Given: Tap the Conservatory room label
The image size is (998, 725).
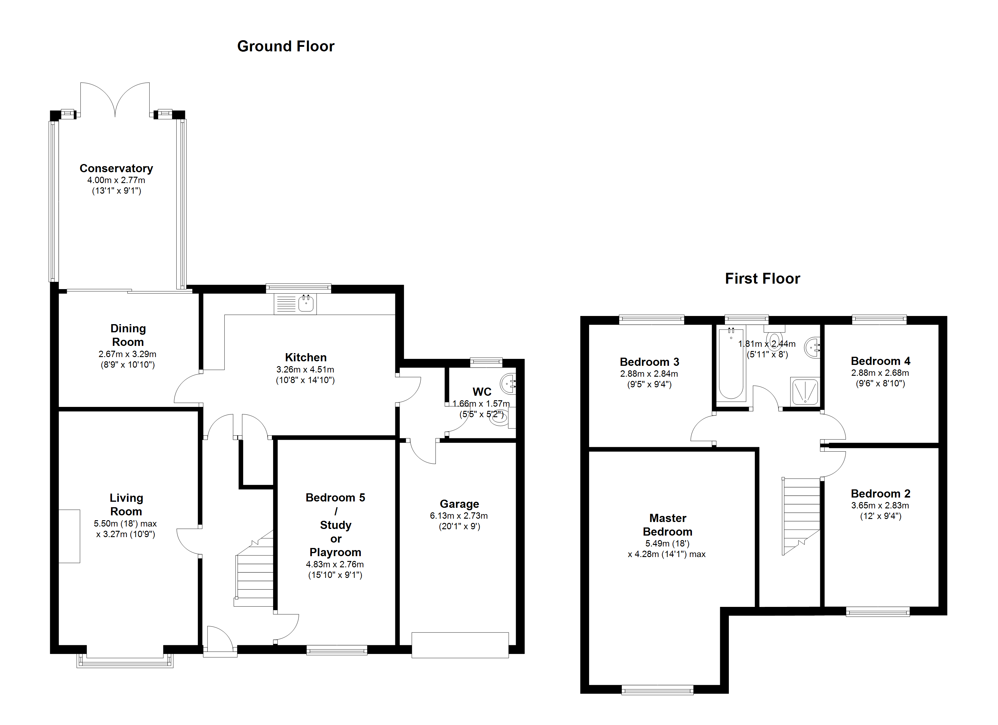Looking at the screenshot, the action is [116, 168].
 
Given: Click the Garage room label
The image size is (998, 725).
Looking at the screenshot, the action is [459, 504].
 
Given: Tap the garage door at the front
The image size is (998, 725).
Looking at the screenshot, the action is [460, 645].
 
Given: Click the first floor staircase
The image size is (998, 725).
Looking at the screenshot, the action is [801, 517].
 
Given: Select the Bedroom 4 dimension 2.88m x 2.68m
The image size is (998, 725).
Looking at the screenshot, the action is [880, 373].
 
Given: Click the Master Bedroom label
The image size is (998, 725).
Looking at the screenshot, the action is [667, 525].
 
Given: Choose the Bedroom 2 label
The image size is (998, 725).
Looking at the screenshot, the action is [881, 493].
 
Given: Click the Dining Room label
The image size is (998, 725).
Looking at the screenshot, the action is [128, 335].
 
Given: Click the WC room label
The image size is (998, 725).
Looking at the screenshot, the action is [482, 392].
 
